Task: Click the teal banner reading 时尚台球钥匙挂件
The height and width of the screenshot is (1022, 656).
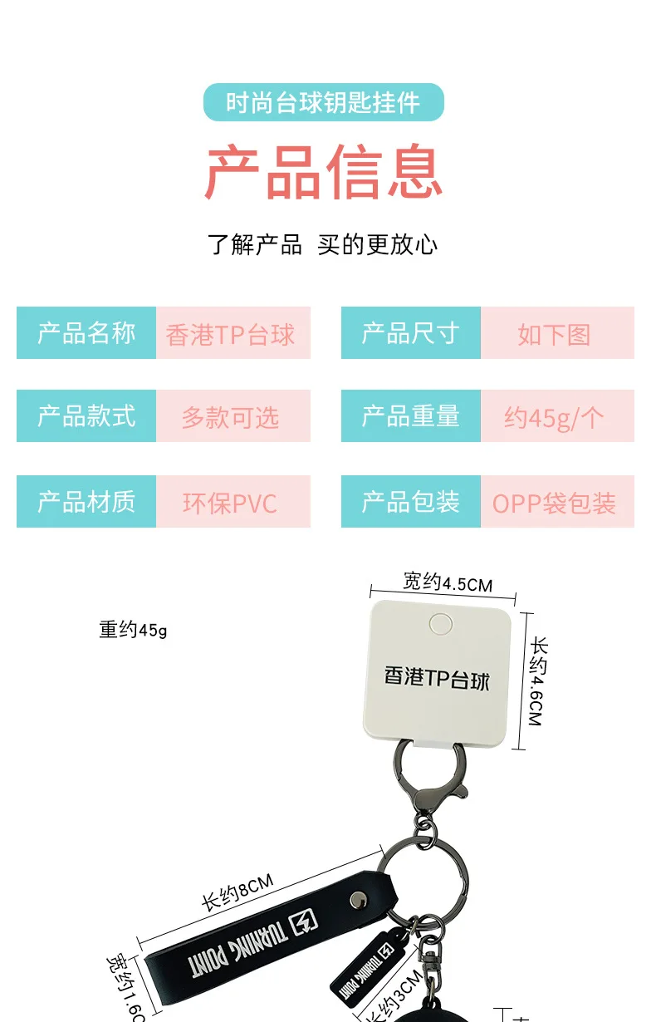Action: click(x=324, y=102)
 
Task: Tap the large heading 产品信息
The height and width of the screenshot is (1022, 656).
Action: click(x=324, y=172)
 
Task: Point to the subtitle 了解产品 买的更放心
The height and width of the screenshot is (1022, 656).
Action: click(x=322, y=244)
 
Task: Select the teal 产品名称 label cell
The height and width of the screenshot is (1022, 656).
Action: click(x=86, y=333)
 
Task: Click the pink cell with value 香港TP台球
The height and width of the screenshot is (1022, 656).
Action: click(x=233, y=333)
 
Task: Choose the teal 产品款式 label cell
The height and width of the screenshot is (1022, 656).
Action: click(x=86, y=416)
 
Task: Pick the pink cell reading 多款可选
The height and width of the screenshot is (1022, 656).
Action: click(x=233, y=416)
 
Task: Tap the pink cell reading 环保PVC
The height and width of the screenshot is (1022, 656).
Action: click(x=233, y=502)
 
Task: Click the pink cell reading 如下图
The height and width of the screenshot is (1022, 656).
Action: click(x=556, y=333)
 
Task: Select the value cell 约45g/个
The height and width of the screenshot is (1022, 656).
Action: click(x=556, y=416)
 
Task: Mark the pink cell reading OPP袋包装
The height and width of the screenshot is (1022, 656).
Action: click(x=556, y=502)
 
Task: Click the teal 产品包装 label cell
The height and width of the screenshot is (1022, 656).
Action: click(x=411, y=502)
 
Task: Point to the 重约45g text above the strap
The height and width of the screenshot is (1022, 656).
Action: click(x=133, y=630)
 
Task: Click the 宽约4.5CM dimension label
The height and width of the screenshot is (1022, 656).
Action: click(x=448, y=582)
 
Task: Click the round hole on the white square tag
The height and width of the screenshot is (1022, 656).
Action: click(x=440, y=625)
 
